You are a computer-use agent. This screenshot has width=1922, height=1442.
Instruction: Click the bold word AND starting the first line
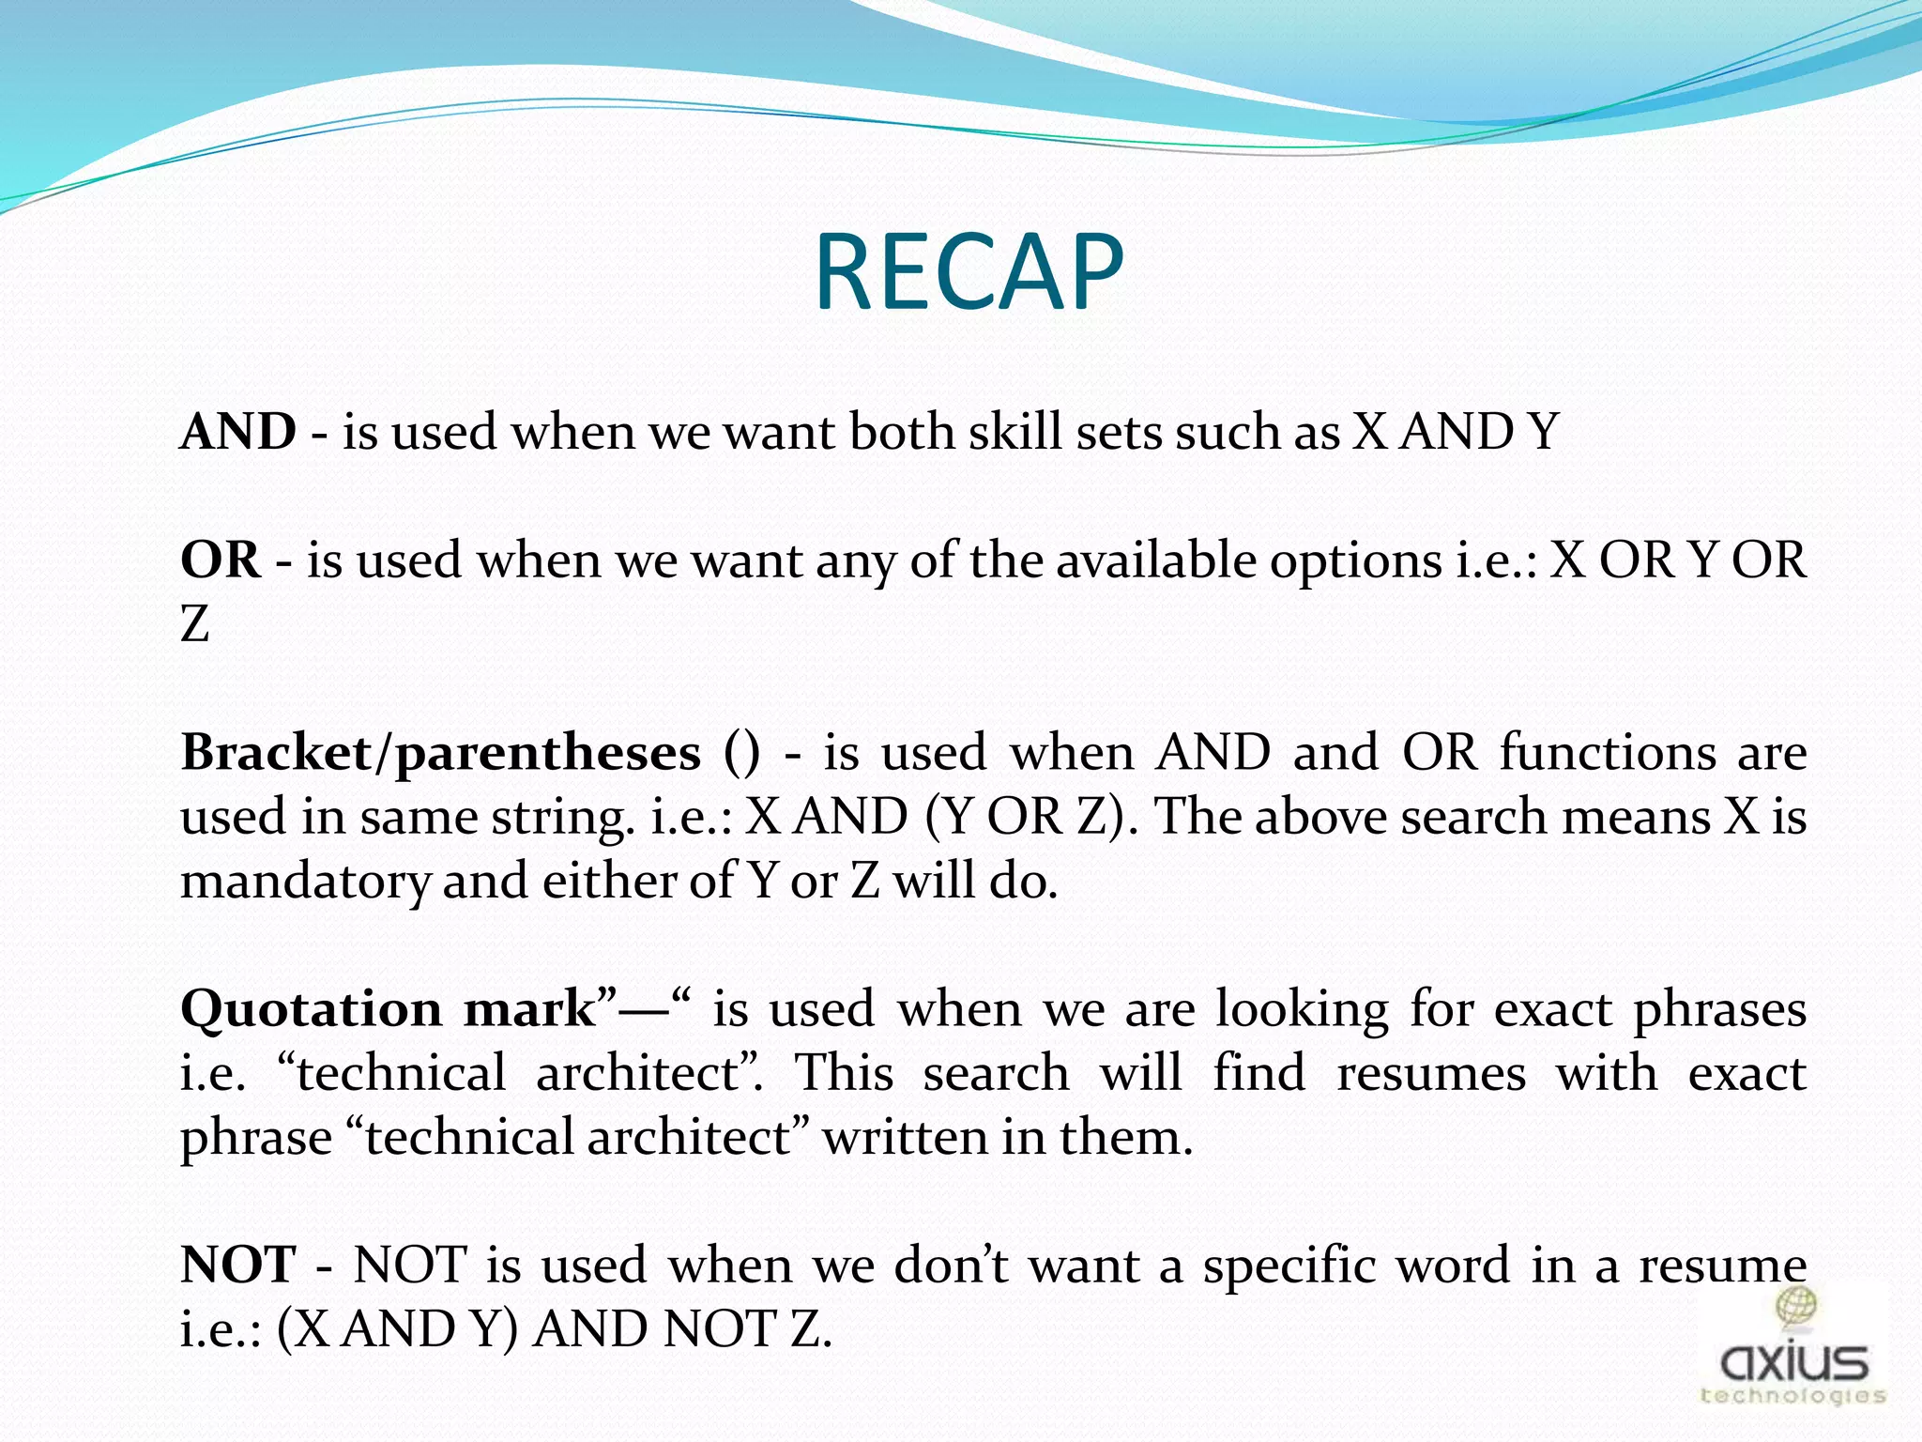click(238, 433)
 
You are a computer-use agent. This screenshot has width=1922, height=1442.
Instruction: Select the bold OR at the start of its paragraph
click(221, 560)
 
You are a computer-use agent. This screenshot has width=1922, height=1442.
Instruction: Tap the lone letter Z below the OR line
click(194, 624)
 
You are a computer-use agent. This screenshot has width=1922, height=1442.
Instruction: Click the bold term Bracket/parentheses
click(440, 754)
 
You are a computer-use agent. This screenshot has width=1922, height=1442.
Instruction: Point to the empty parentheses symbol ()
click(741, 754)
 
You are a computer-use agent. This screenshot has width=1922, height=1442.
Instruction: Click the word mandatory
click(305, 882)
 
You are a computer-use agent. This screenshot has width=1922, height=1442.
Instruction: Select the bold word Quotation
click(311, 1010)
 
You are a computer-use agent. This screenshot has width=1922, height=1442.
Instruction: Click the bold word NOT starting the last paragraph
click(238, 1266)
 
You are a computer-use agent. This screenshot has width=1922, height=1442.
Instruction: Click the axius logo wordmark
click(1793, 1361)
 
